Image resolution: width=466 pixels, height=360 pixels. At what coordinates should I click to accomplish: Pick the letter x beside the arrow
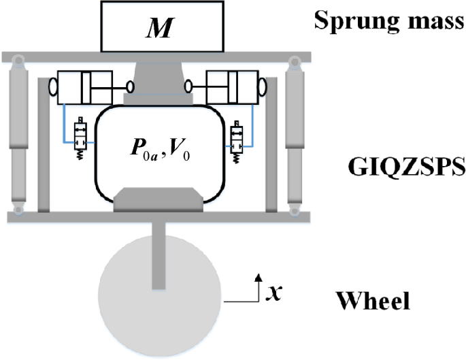tap(273, 293)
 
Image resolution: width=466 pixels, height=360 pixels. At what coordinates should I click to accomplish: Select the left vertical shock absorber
tap(18, 136)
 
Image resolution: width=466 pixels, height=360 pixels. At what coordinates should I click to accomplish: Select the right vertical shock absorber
tap(295, 136)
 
